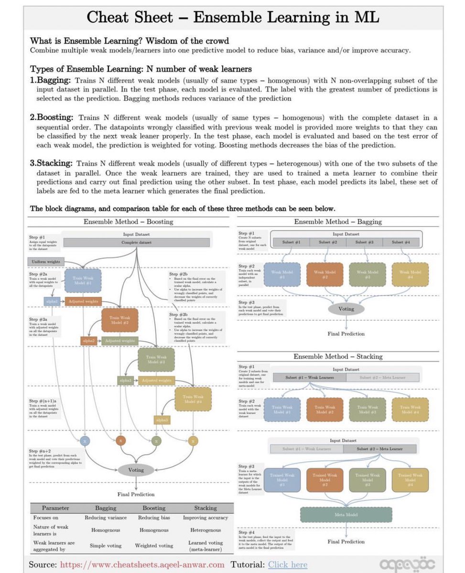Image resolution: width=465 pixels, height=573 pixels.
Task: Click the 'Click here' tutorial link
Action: tap(287, 565)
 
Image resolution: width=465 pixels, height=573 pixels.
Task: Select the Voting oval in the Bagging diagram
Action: tap(346, 308)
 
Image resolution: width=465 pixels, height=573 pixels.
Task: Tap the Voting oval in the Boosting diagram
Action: tap(136, 470)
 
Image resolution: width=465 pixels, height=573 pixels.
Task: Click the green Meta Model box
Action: tap(346, 514)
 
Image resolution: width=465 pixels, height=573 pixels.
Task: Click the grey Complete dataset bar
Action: tap(136, 243)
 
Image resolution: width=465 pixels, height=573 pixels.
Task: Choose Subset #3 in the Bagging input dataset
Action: tap(365, 242)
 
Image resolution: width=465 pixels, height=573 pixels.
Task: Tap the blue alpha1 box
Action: tap(52, 302)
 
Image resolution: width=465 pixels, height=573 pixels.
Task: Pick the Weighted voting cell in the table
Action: tap(154, 545)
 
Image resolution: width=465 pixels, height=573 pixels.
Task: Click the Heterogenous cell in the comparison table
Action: tap(205, 530)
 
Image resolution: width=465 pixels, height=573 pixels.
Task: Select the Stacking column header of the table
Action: tap(205, 508)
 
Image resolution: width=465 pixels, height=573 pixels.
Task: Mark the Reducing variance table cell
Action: tap(106, 518)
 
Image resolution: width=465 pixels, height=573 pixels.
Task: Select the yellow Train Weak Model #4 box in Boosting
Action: tap(193, 400)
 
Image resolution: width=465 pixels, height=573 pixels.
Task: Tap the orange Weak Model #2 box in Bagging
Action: tap(325, 275)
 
